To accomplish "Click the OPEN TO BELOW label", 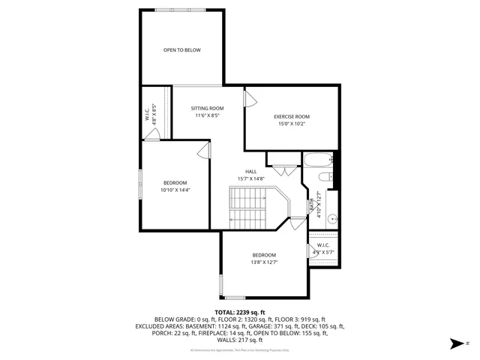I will pyautogui.click(x=182, y=50).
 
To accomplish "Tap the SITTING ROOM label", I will pyautogui.click(x=207, y=108).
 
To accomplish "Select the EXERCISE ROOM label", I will pyautogui.click(x=292, y=116).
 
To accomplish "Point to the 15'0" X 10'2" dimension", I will pyautogui.click(x=292, y=124).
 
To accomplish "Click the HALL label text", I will pyautogui.click(x=251, y=171).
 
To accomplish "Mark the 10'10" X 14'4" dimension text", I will pyautogui.click(x=175, y=190).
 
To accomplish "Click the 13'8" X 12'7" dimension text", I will pyautogui.click(x=264, y=262).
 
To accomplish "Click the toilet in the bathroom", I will pyautogui.click(x=325, y=178).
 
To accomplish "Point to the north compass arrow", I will pyautogui.click(x=454, y=344).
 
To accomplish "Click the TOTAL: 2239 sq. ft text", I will pyautogui.click(x=240, y=312).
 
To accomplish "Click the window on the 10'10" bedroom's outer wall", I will pyautogui.click(x=140, y=184).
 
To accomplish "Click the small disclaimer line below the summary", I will pyautogui.click(x=240, y=350).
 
